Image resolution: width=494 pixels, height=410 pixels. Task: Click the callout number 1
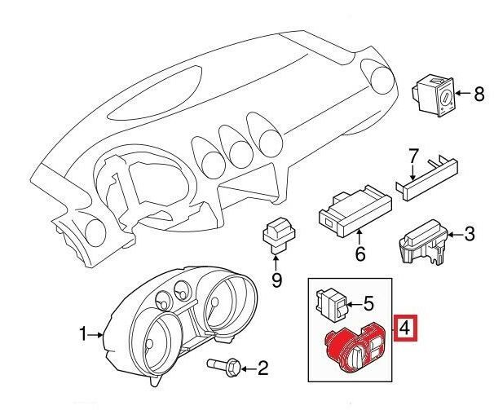point(83,333)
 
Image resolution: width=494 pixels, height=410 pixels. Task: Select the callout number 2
point(263,368)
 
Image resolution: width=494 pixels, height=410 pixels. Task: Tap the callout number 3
point(469,234)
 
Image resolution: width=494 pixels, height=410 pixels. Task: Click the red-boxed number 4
point(405,328)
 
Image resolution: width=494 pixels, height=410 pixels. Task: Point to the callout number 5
point(368,303)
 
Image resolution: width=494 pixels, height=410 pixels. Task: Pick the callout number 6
point(360,253)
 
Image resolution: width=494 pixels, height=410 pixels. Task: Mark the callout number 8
point(479,94)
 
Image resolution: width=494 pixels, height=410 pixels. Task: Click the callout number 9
point(276,280)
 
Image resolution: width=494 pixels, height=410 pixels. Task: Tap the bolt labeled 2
point(224,367)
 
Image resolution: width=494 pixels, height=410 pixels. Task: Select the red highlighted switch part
point(355,347)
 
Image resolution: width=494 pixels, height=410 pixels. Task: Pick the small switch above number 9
point(279,236)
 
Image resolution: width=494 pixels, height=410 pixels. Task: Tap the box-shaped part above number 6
point(355,212)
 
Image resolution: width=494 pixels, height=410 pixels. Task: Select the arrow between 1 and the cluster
point(95,335)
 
